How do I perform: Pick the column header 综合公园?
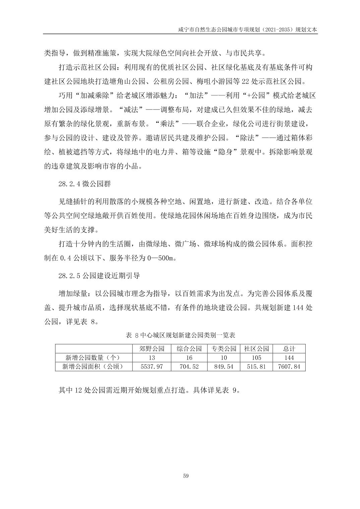[189, 349]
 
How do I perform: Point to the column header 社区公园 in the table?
[256, 349]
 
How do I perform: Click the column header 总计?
[289, 349]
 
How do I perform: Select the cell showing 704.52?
[189, 366]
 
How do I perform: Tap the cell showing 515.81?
[256, 366]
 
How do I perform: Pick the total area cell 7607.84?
[289, 366]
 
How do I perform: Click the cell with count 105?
[256, 358]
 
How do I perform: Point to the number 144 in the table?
[289, 358]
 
